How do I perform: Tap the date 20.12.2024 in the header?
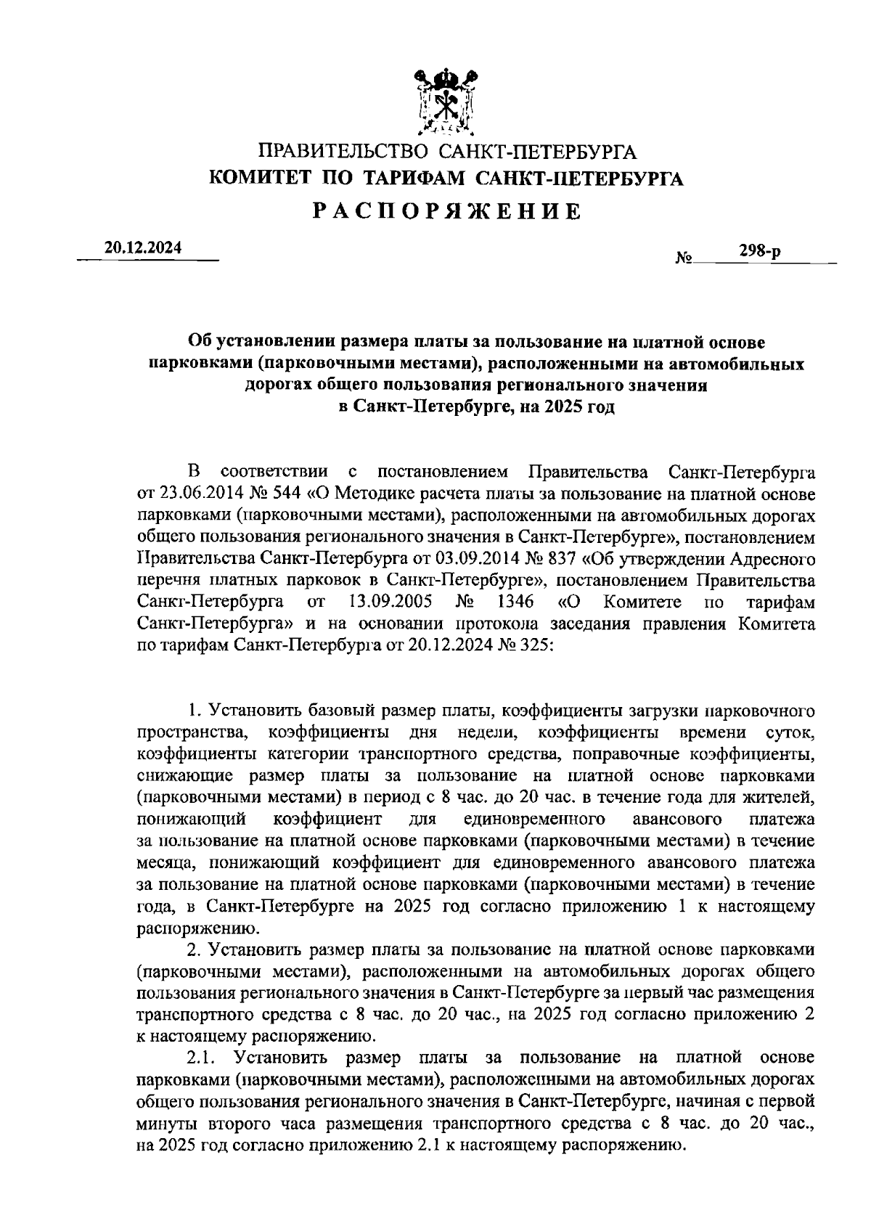[x=143, y=248]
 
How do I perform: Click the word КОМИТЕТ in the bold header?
[x=253, y=179]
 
